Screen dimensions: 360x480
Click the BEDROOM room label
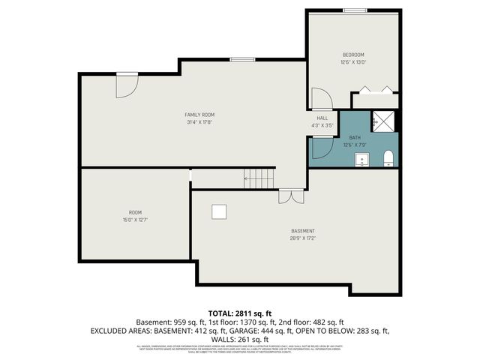pyautogui.click(x=353, y=55)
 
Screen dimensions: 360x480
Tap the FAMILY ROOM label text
pyautogui.click(x=200, y=115)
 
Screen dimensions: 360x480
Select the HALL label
pyautogui.click(x=322, y=118)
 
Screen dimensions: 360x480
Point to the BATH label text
pyautogui.click(x=355, y=137)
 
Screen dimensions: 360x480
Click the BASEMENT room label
pyautogui.click(x=303, y=231)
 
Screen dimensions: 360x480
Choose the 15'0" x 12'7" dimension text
pyautogui.click(x=135, y=220)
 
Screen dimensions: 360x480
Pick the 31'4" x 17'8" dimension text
pyautogui.click(x=200, y=122)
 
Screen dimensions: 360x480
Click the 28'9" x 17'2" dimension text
pyautogui.click(x=303, y=238)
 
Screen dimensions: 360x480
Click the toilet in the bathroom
pyautogui.click(x=388, y=157)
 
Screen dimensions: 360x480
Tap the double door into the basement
pyautogui.click(x=286, y=196)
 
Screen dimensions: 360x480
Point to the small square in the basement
pyautogui.click(x=219, y=212)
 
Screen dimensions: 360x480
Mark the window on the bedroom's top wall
pyautogui.click(x=355, y=10)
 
